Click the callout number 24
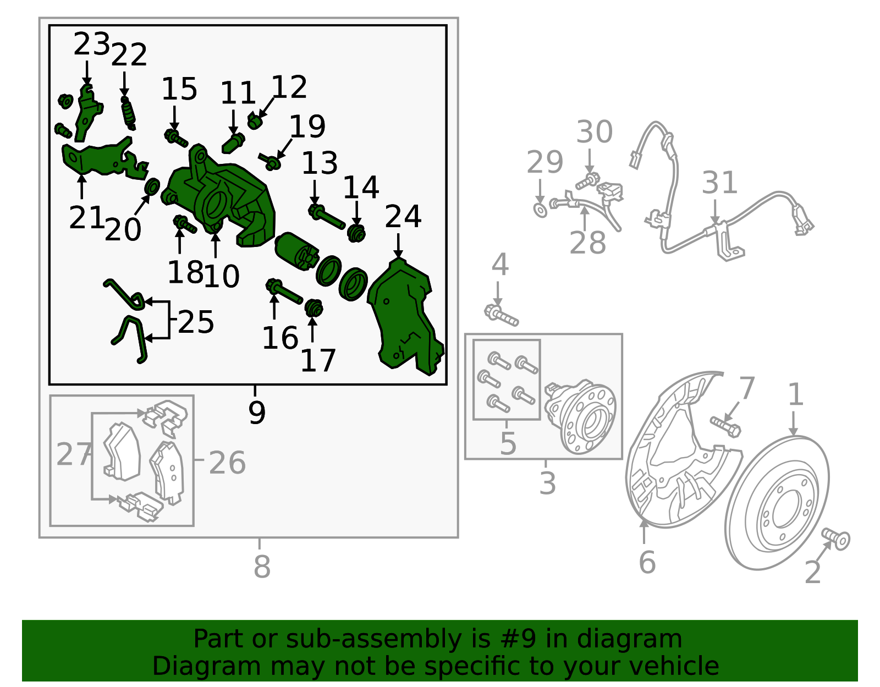(x=403, y=217)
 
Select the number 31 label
(x=719, y=183)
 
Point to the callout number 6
(x=647, y=562)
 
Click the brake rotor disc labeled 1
(x=777, y=503)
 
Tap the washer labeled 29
(x=540, y=211)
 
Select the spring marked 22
(x=128, y=113)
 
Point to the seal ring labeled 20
(x=152, y=186)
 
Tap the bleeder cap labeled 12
(x=254, y=120)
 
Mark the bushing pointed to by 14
(x=356, y=234)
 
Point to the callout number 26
(x=227, y=463)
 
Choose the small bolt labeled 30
(x=587, y=181)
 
